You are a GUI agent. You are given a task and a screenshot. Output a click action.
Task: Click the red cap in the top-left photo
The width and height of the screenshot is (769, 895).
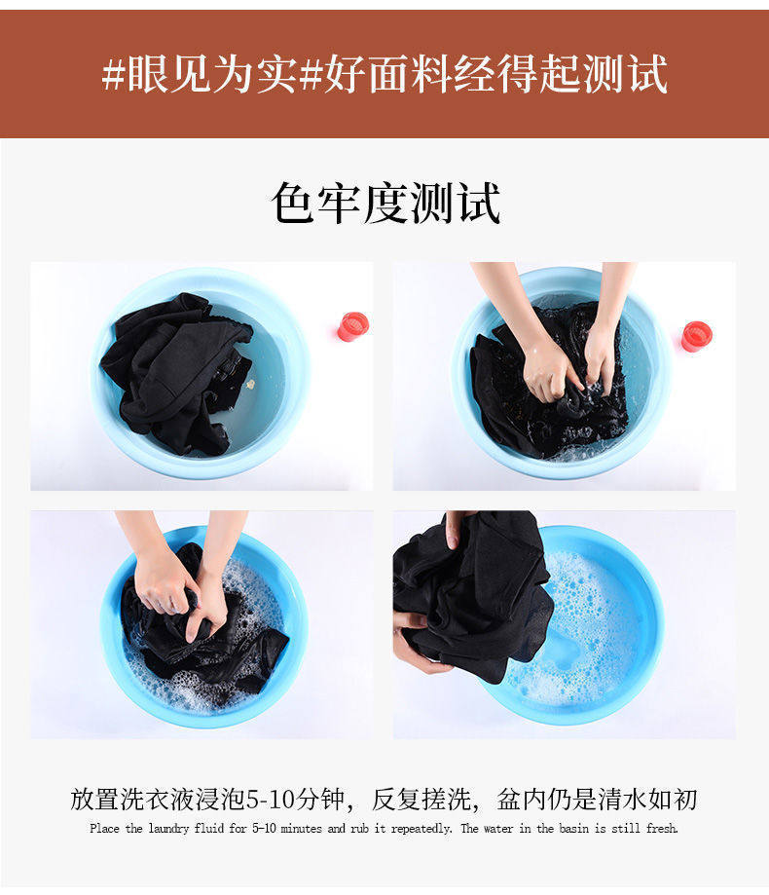coord(353,327)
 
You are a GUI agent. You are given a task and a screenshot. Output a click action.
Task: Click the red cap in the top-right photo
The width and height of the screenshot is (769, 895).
coord(697,336)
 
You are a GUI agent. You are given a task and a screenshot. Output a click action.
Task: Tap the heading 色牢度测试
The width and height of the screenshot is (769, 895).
coord(386,204)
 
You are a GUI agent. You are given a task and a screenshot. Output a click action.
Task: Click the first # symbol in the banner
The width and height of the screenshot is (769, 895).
coord(113,75)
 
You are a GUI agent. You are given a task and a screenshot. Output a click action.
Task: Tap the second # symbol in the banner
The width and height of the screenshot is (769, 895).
coord(311,75)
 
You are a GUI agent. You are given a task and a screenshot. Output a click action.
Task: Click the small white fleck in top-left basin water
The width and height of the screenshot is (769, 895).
coord(250,384)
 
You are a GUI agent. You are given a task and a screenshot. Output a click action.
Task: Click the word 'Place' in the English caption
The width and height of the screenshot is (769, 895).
coord(104,828)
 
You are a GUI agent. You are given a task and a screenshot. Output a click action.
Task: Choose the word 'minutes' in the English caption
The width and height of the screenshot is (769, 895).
coord(302,828)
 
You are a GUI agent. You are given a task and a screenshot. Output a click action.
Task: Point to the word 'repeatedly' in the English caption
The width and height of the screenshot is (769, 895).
coord(421,829)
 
